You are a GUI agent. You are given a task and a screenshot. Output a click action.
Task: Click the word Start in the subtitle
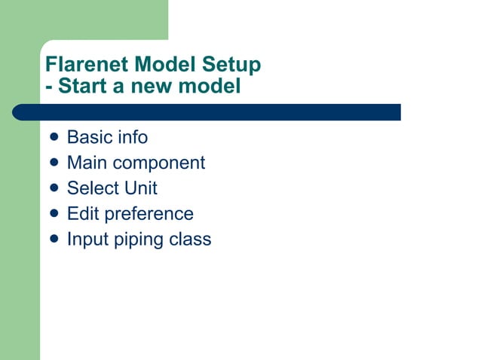(x=83, y=87)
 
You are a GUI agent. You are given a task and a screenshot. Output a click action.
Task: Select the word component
(x=158, y=163)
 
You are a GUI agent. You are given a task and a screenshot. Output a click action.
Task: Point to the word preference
(x=149, y=215)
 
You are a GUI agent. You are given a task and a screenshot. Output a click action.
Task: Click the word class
(x=191, y=239)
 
